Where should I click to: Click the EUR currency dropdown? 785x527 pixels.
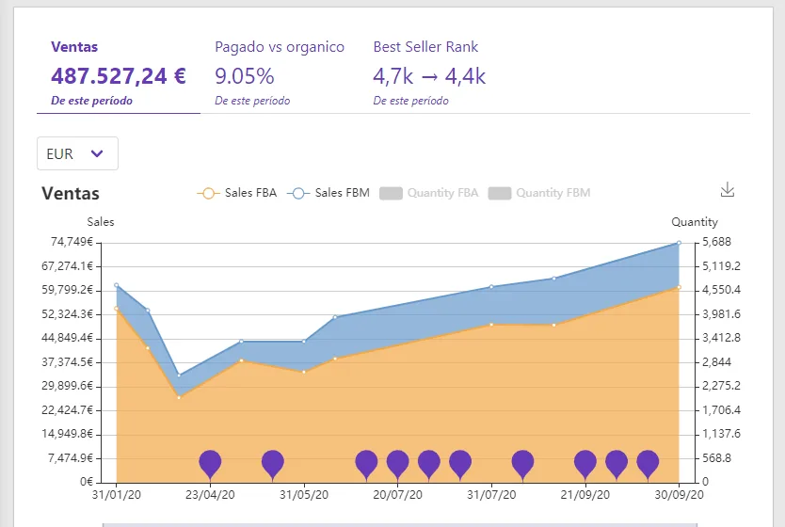click(x=77, y=153)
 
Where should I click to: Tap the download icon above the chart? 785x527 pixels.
click(x=728, y=190)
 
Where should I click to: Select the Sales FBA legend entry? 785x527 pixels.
click(x=237, y=193)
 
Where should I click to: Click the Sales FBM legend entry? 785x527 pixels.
click(x=328, y=193)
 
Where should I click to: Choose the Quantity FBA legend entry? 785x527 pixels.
click(x=429, y=193)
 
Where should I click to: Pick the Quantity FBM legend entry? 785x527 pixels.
click(x=539, y=193)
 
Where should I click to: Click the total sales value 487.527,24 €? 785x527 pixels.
click(x=119, y=76)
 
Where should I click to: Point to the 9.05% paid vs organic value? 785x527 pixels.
click(x=245, y=76)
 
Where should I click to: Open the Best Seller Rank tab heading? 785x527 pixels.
click(x=425, y=47)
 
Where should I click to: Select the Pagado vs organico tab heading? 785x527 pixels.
click(x=280, y=47)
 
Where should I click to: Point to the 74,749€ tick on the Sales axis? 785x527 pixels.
click(x=72, y=242)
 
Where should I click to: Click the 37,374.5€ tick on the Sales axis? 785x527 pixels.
click(x=68, y=362)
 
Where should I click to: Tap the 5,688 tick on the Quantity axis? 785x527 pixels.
click(x=717, y=242)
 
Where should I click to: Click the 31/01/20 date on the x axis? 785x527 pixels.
click(x=117, y=495)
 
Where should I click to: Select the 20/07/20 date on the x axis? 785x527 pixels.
click(x=397, y=495)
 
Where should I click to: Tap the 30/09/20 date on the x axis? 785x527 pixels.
click(x=679, y=495)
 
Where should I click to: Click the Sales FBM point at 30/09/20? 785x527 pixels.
click(x=679, y=243)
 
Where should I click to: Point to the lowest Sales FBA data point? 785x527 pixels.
click(x=179, y=398)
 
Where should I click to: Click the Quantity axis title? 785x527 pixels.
click(x=695, y=222)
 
